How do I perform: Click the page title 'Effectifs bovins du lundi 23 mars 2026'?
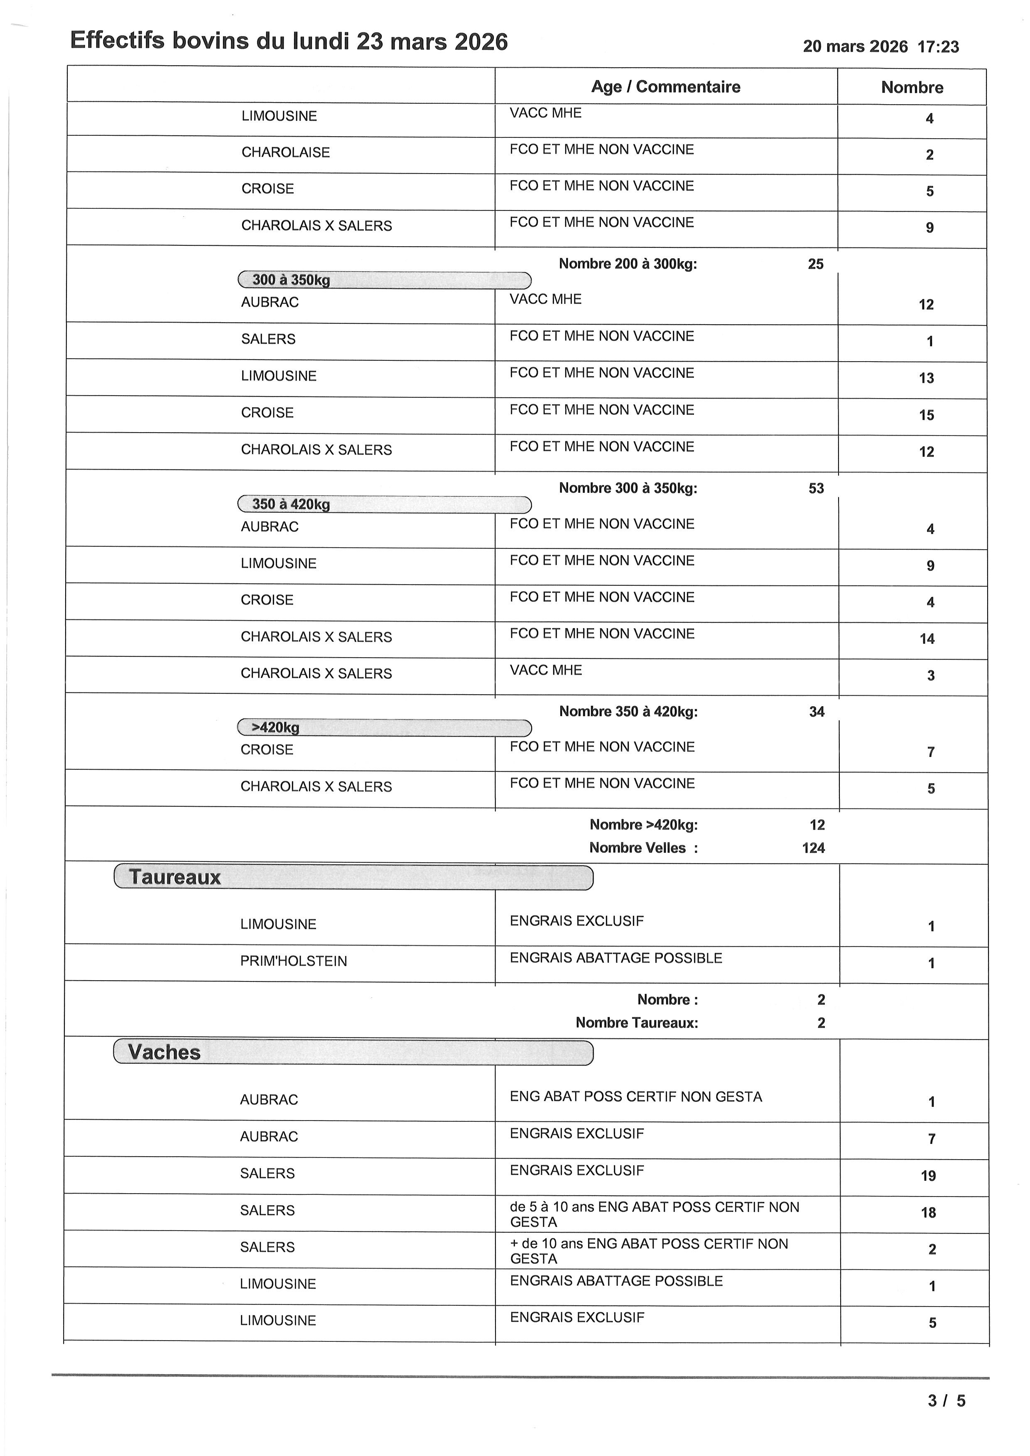[289, 41]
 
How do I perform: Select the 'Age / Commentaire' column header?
[665, 87]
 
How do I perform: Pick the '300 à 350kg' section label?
[291, 280]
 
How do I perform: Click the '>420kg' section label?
[275, 727]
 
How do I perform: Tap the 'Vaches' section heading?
[164, 1052]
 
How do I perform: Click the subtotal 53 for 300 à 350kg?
[816, 488]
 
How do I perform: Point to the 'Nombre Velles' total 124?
[813, 848]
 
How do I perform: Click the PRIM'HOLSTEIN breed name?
[293, 962]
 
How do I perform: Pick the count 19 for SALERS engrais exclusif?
[928, 1176]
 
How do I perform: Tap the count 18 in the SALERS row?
[928, 1212]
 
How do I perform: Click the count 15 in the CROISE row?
[926, 415]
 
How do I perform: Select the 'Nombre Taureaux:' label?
[636, 1023]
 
